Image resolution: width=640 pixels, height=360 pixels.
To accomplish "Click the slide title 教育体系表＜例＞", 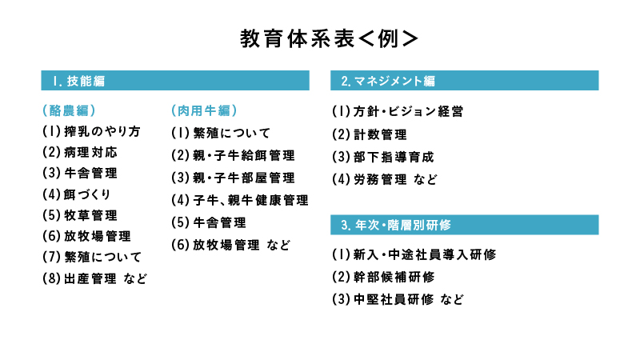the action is (329, 38).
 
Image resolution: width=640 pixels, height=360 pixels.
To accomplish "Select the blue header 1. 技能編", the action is (175, 81).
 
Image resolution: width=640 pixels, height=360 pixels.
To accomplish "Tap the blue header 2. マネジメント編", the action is (465, 81).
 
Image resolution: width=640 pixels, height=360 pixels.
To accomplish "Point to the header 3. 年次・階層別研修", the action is (465, 225).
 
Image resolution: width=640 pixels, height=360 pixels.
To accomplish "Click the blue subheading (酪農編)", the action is (69, 110).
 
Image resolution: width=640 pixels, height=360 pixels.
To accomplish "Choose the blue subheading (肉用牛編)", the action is (204, 110).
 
